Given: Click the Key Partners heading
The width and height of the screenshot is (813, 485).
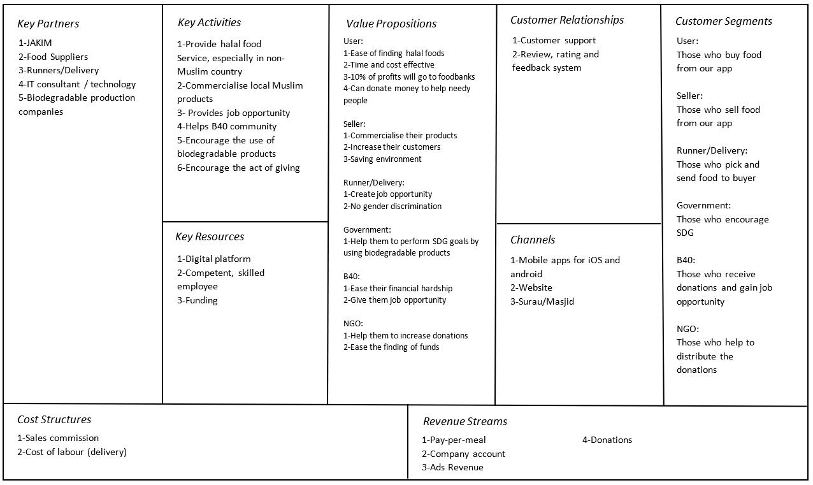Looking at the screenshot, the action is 48,24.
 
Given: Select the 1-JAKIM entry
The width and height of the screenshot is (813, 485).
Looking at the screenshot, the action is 35,43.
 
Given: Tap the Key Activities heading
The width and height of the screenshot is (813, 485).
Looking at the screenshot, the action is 209,23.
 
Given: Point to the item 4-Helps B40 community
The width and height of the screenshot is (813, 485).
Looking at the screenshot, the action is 227,126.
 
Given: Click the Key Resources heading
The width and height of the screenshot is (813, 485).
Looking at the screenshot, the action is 210,237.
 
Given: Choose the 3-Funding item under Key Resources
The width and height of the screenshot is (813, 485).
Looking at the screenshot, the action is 197,300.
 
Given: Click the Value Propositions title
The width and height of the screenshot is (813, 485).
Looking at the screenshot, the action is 391,24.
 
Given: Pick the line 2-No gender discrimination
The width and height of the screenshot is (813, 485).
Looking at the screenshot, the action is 392,206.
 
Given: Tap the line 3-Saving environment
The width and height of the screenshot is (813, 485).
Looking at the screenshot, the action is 382,159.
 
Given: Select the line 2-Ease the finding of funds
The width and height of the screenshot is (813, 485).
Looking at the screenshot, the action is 391,347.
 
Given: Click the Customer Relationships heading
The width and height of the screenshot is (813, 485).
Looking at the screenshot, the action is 567,20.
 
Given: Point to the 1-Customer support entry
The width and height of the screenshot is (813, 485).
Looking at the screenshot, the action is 554,41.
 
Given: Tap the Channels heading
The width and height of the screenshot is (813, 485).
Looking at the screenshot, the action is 533,240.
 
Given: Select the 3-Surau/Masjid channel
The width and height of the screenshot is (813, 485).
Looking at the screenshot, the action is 542,301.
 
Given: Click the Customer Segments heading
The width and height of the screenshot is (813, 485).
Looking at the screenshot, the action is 723,22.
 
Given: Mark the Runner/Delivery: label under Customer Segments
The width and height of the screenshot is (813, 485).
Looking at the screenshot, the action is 712,151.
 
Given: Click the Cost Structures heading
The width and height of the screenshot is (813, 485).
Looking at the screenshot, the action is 54,420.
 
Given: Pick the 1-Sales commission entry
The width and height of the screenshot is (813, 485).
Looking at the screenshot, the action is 58,438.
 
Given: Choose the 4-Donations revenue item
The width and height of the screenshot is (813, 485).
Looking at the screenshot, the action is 607,440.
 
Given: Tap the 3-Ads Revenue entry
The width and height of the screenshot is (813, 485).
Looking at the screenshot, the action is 452,467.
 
